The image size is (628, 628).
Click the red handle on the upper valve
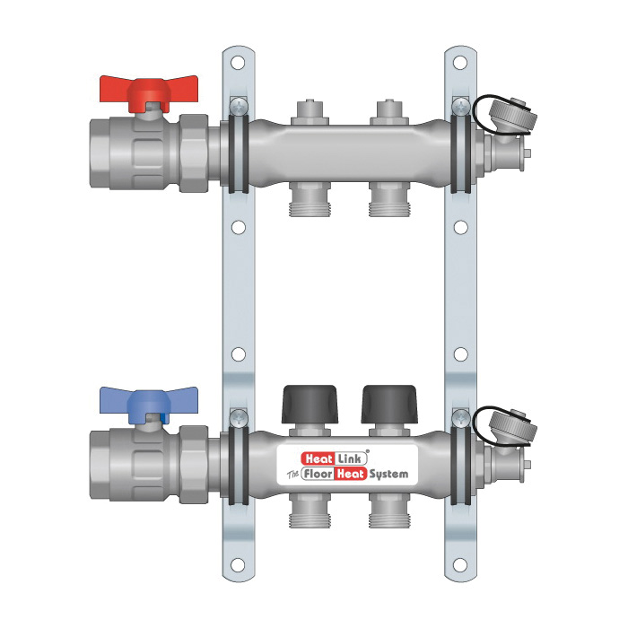[143, 92]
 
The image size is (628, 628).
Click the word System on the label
[388, 473]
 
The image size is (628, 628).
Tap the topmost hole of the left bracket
[238, 64]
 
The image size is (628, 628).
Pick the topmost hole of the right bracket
[460, 64]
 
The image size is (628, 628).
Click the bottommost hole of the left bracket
[238, 565]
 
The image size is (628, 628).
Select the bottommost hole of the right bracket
[460, 565]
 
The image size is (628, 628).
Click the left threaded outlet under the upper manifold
[310, 204]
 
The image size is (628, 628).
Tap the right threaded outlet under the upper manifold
[388, 204]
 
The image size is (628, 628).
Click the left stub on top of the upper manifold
[310, 111]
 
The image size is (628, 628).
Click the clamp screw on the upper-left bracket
[238, 107]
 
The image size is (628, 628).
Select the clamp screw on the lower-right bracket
[460, 416]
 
